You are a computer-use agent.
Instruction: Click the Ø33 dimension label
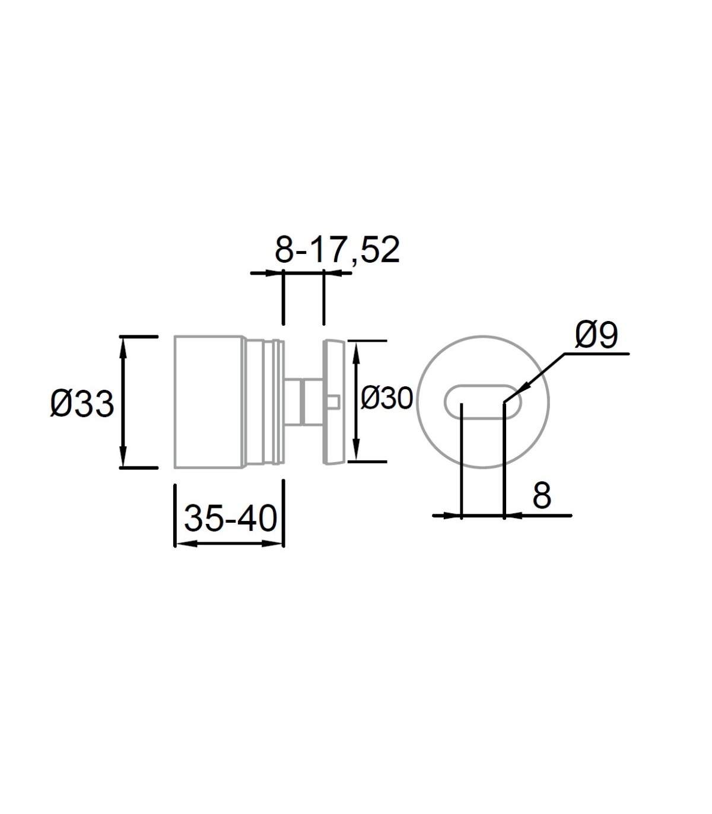click(x=82, y=404)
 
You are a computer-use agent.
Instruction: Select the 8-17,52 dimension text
click(x=337, y=250)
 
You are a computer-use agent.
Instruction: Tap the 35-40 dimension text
click(x=231, y=519)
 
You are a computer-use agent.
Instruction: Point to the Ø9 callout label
click(x=596, y=335)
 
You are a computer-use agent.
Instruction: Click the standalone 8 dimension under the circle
click(x=542, y=495)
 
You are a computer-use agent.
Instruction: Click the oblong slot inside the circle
click(x=482, y=402)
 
